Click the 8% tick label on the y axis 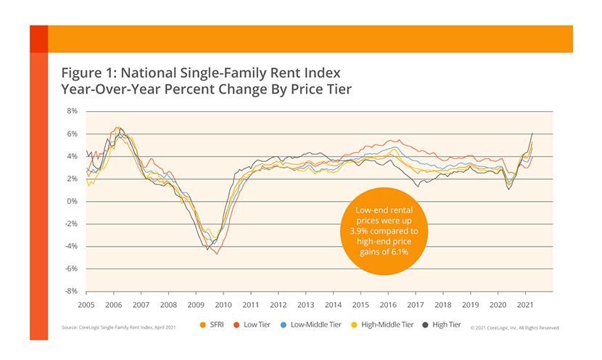tap(71, 112)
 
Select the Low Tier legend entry tap(255, 324)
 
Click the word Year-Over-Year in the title tap(119, 90)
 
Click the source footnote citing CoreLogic tap(117, 328)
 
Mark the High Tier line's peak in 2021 tap(533, 134)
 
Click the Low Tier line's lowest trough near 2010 tap(218, 253)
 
